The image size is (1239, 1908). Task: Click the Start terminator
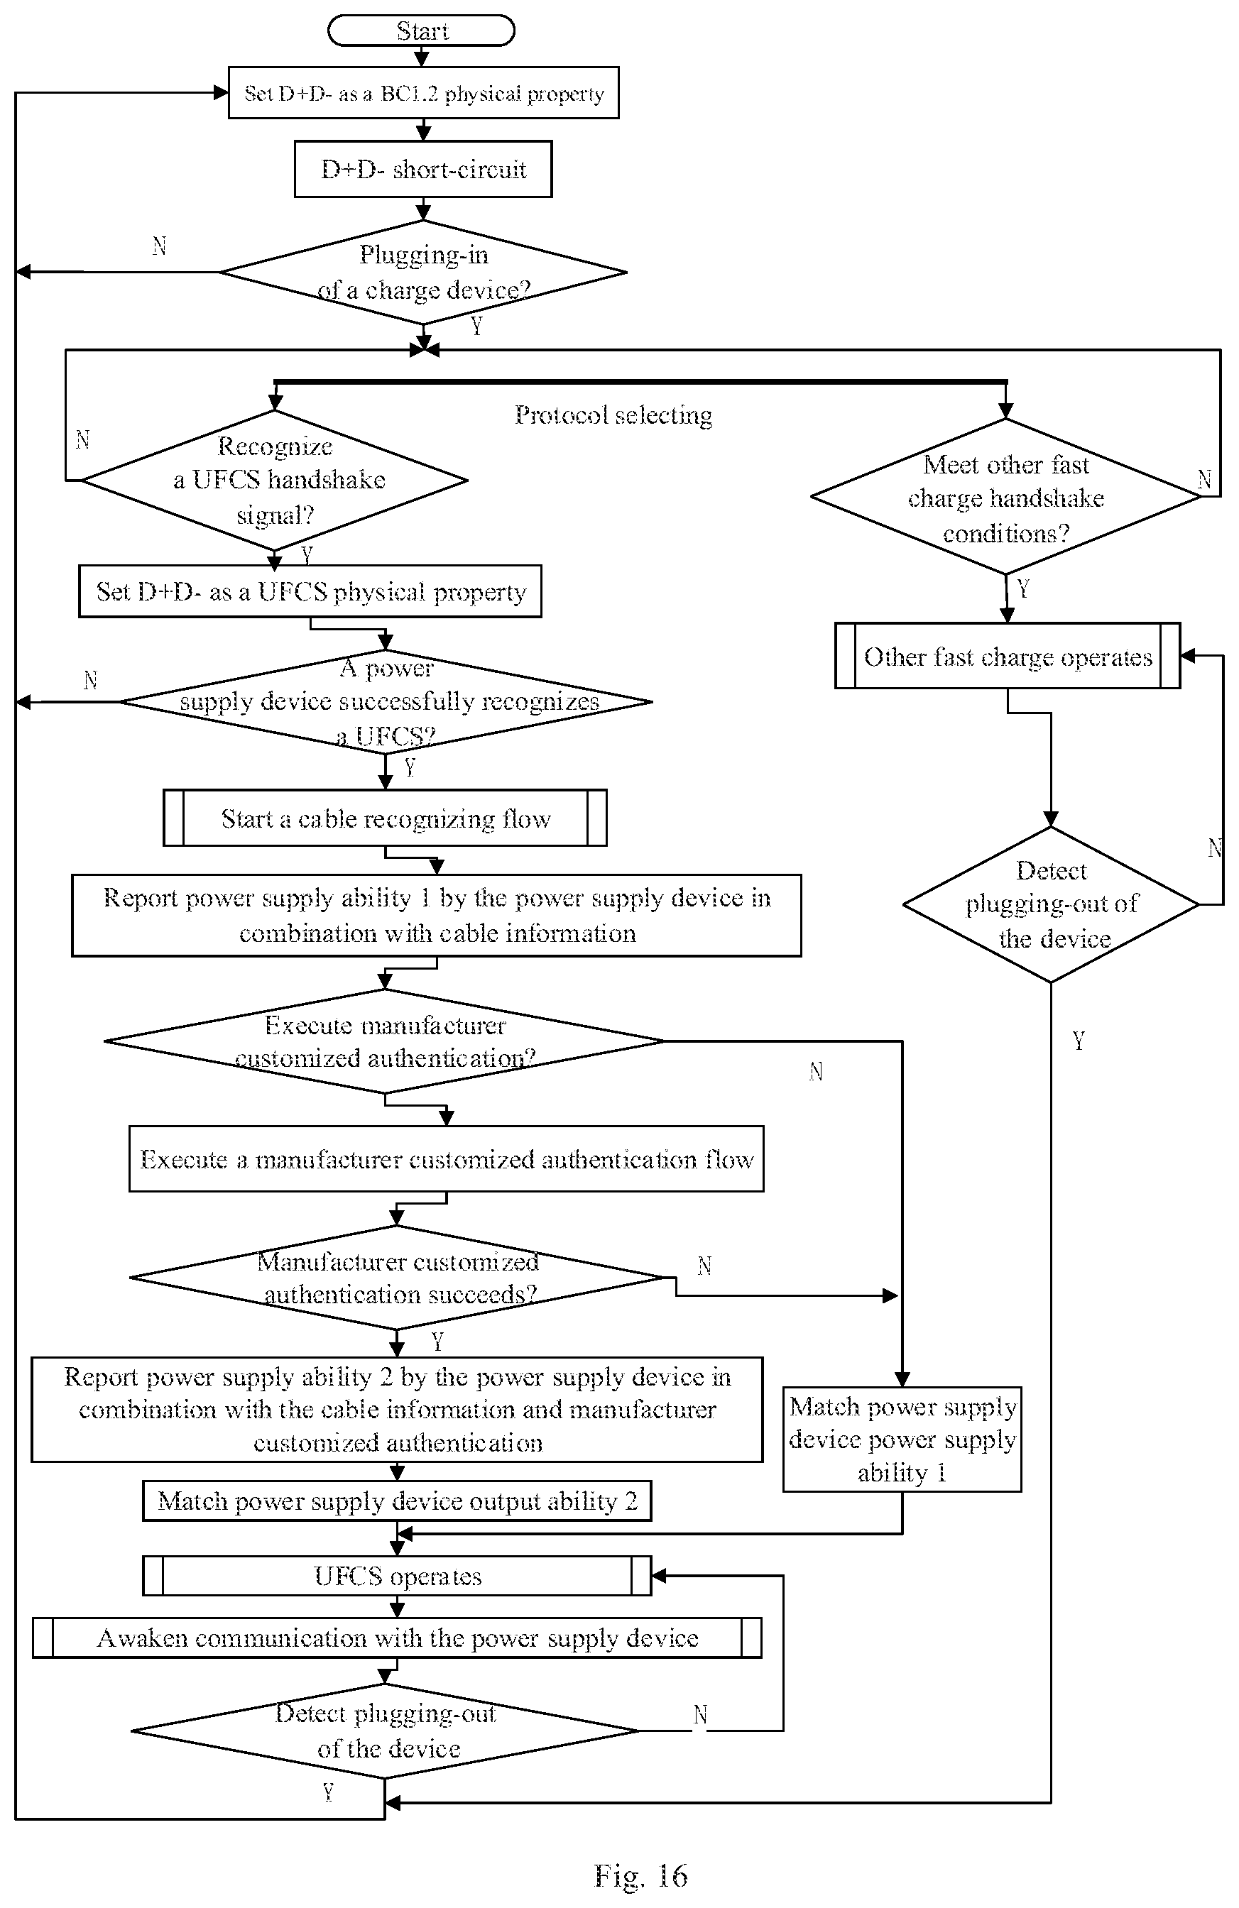tap(421, 31)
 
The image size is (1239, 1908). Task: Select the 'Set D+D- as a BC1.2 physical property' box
tap(423, 93)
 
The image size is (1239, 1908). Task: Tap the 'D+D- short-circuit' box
tap(423, 169)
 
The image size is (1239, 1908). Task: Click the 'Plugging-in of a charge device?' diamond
tap(423, 273)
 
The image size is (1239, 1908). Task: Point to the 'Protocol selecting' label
tap(613, 415)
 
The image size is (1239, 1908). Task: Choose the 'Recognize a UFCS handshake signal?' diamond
tap(274, 481)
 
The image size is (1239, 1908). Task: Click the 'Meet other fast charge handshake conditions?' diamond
tap(1005, 496)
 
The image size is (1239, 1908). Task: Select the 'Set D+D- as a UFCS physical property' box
tap(310, 592)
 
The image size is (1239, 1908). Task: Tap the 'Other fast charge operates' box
tap(1008, 656)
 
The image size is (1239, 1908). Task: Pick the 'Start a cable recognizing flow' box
tap(385, 818)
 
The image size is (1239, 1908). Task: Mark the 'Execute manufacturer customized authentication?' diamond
tap(384, 1041)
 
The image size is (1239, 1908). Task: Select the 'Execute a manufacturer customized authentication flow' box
tap(446, 1158)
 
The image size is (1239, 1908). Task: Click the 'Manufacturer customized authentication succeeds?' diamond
tap(397, 1278)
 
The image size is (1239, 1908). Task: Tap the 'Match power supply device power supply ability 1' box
tap(902, 1439)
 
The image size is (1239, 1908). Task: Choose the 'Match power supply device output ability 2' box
tap(397, 1501)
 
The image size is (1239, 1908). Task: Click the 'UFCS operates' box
tap(397, 1576)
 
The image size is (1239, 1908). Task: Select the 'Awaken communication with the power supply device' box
tap(397, 1637)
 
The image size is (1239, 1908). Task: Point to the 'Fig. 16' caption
tap(640, 1876)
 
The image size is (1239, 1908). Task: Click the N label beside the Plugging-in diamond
tap(159, 246)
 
